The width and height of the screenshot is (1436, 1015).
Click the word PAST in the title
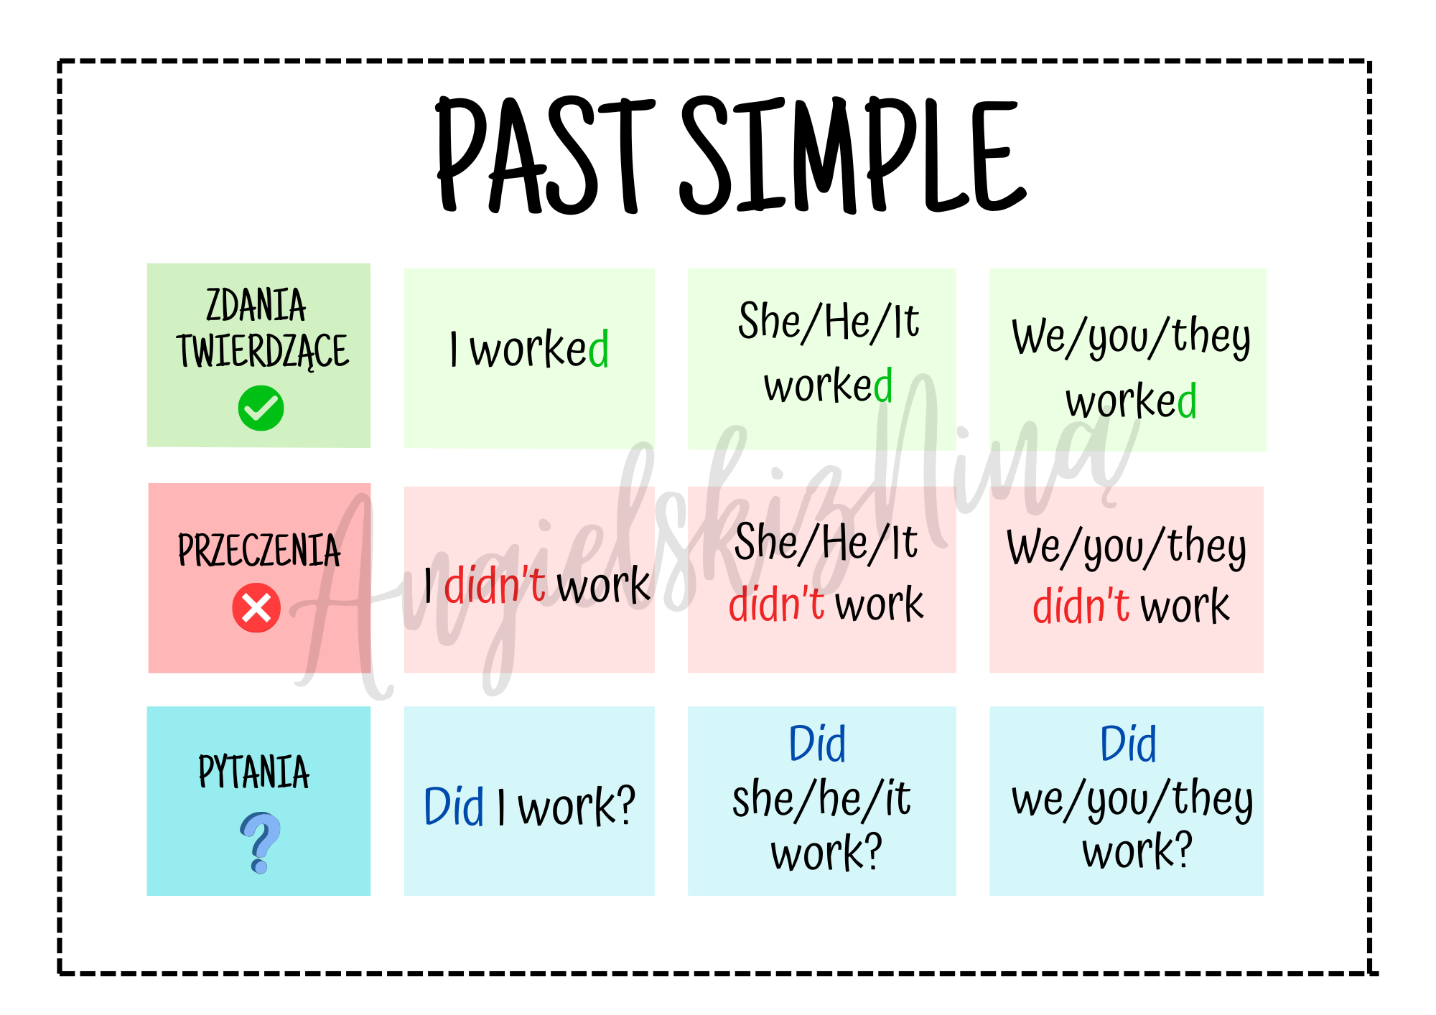coord(546,155)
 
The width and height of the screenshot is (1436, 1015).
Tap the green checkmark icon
coord(261,408)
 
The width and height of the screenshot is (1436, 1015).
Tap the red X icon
coord(256,608)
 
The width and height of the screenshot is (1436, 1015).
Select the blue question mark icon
coord(260,843)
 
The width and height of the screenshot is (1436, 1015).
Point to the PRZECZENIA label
coord(258,551)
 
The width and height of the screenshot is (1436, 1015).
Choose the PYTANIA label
coord(253,772)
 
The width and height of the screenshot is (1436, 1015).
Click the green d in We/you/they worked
coord(1187,400)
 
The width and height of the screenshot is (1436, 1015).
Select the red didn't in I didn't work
coord(495,584)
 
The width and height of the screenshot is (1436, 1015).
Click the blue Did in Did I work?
coord(454,806)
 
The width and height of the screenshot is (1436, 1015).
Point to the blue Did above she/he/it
coord(817,743)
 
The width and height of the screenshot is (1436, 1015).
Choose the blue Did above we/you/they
coord(1129,743)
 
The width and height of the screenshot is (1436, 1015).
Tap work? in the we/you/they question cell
coord(1137,851)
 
